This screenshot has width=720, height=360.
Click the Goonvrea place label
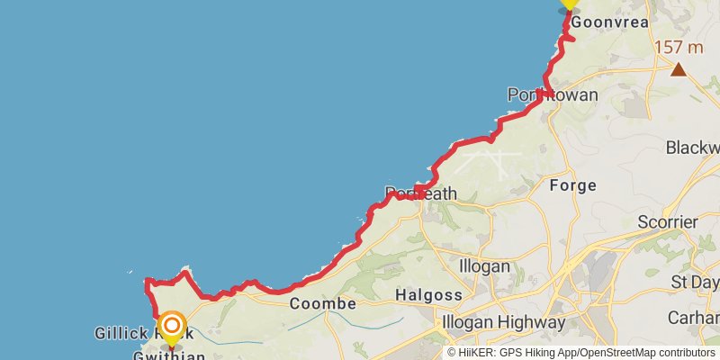pyautogui.click(x=610, y=23)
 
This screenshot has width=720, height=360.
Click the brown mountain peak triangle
pyautogui.click(x=678, y=69)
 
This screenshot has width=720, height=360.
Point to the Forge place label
pyautogui.click(x=572, y=185)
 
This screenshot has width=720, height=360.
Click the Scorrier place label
pyautogui.click(x=667, y=221)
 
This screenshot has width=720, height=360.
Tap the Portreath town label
pyautogui.click(x=421, y=193)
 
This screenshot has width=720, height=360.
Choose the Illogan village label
pyautogui.click(x=484, y=266)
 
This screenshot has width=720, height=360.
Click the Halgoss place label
pyautogui.click(x=429, y=294)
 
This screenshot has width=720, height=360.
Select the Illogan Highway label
pyautogui.click(x=501, y=321)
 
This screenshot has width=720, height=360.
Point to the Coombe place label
pyautogui.click(x=323, y=304)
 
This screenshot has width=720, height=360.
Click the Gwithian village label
pyautogui.click(x=169, y=355)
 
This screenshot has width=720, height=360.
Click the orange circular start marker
pyautogui.click(x=171, y=323)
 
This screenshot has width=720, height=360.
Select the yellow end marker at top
pyautogui.click(x=569, y=3)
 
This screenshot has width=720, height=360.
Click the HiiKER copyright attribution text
pyautogui.click(x=580, y=353)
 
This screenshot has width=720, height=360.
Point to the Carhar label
pyautogui.click(x=693, y=318)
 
